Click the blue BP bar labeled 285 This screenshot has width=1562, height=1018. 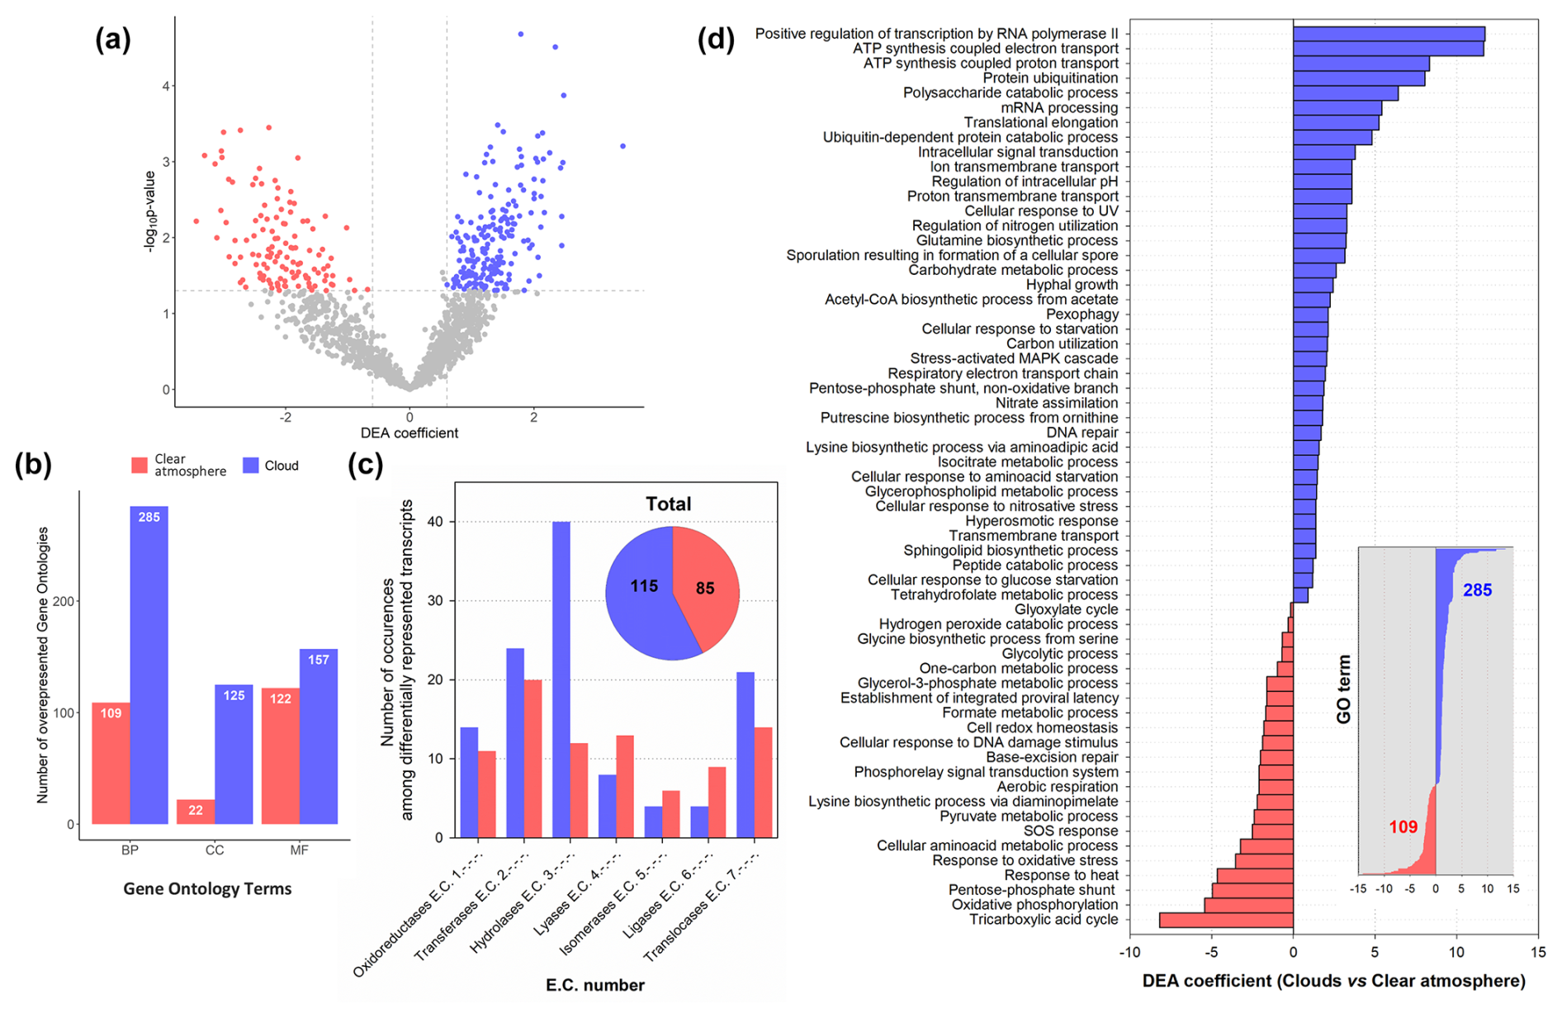[149, 665]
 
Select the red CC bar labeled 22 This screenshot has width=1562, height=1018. [196, 811]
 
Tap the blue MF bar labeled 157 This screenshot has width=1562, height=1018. [319, 735]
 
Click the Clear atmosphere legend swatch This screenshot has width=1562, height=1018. [139, 466]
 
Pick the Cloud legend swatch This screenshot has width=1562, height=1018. [251, 466]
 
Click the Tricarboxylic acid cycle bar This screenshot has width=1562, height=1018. [1226, 920]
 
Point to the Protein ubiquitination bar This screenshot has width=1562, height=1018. [1359, 78]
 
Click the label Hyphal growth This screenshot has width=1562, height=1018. [1072, 285]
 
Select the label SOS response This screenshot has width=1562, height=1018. [1070, 831]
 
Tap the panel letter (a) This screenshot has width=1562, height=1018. [113, 39]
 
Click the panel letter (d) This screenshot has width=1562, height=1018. [716, 39]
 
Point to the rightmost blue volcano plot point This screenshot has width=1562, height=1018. [622, 146]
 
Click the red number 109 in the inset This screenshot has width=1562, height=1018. [1403, 826]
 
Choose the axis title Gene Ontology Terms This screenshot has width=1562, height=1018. [207, 889]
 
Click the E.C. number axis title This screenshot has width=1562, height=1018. [594, 985]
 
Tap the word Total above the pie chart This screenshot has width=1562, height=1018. [668, 504]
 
